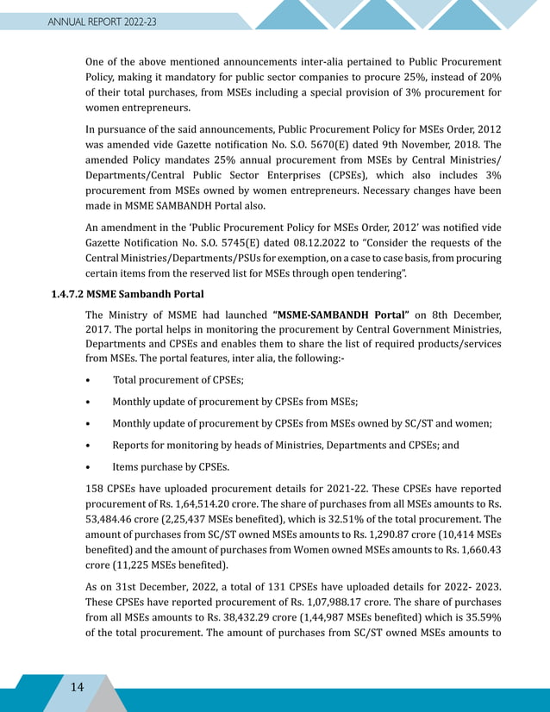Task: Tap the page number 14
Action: click(77, 686)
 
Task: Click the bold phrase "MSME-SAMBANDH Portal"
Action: click(341, 316)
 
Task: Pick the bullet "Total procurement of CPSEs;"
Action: click(177, 378)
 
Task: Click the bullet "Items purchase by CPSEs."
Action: click(171, 468)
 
